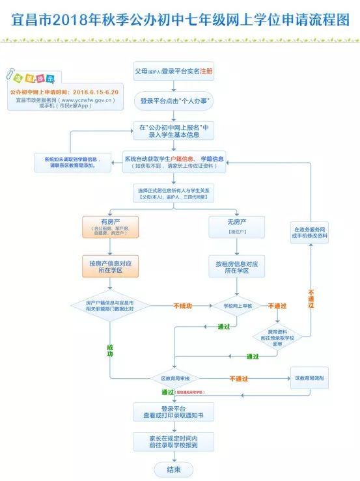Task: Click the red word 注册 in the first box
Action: click(206, 70)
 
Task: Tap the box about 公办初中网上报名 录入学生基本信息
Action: click(173, 131)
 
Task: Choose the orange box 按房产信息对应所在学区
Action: click(109, 267)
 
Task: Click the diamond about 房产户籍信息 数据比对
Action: click(109, 306)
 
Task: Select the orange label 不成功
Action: click(183, 305)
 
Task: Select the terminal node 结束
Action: click(173, 469)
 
